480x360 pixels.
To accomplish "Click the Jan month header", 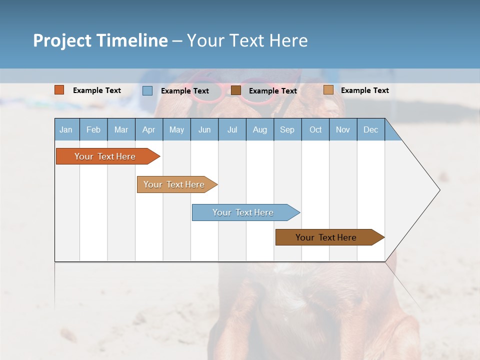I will point(66,129).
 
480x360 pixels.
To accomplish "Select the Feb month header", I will point(93,129).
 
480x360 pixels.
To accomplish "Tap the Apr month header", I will point(149,129).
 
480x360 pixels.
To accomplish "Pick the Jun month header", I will point(204,129).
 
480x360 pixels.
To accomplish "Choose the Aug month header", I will point(260,129).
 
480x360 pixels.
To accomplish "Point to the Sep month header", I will point(287,129).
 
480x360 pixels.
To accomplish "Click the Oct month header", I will point(315,129).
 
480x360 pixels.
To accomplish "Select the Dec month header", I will point(371,129).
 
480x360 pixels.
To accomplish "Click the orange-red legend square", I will point(59,90).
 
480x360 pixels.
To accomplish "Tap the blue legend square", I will point(147,90).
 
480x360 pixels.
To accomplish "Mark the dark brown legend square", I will point(236,90).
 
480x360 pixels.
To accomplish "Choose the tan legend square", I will point(328,90).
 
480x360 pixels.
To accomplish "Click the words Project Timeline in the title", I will point(100,40).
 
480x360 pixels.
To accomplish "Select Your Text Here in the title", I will point(247,40).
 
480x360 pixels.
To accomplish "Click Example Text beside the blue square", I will point(185,91).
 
